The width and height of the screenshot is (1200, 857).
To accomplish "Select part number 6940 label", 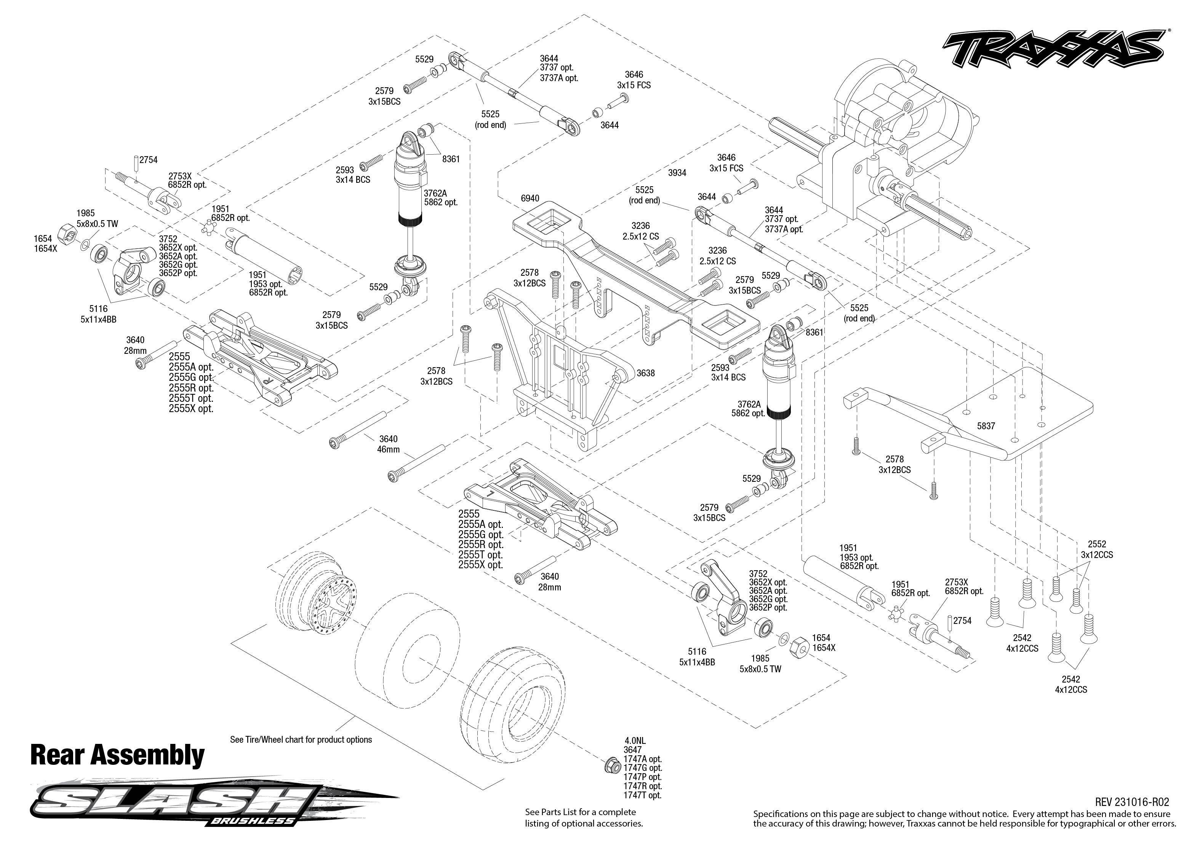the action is click(x=530, y=198).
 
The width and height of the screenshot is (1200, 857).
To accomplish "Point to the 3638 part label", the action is click(x=645, y=373).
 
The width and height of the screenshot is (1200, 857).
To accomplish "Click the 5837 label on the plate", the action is click(x=986, y=426).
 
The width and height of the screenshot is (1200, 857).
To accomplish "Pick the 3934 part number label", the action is click(x=677, y=173).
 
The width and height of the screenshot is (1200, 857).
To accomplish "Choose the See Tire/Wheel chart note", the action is click(x=301, y=739).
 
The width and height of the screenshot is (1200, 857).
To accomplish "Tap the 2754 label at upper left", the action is click(x=148, y=159).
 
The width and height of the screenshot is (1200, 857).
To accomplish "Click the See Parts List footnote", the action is click(x=584, y=817).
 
